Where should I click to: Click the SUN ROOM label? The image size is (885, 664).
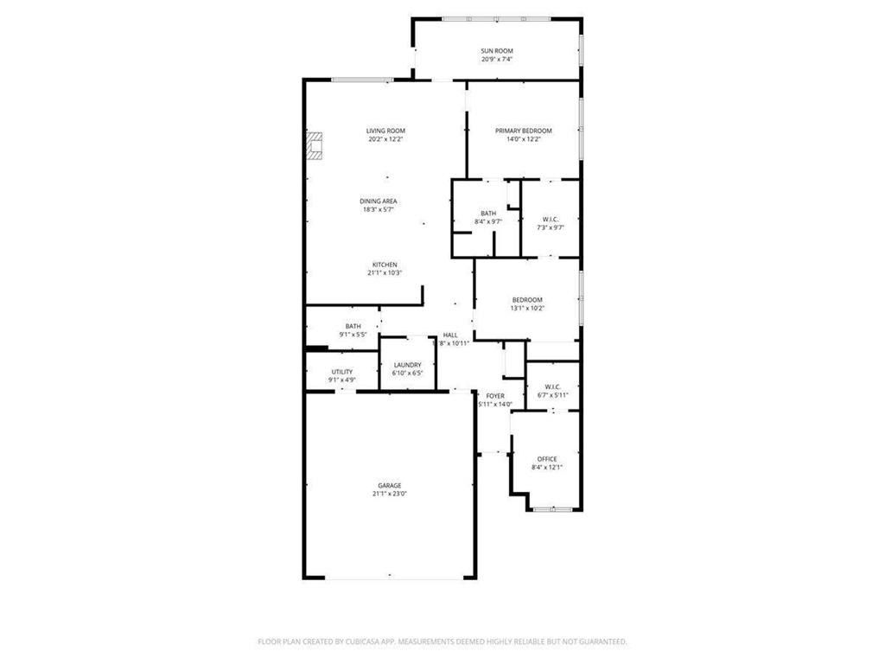497,52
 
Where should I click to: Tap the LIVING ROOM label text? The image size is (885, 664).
385,131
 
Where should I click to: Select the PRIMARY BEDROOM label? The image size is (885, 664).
523,131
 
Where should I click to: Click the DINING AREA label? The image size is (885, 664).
379,201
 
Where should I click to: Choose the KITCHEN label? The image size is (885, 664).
385,265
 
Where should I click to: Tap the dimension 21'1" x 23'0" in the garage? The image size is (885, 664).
389,494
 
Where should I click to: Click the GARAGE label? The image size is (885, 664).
389,486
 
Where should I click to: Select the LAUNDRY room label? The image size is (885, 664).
407,366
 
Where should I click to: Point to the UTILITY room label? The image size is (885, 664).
341,371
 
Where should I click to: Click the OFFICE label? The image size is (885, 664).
546,459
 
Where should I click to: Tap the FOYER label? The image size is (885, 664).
495,396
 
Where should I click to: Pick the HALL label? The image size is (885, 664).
450,335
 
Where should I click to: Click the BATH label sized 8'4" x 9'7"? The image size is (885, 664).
488,214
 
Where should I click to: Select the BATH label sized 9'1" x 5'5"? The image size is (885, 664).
353,326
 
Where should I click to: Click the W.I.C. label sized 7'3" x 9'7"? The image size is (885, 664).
551,219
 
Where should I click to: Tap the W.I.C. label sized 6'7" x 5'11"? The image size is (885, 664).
553,387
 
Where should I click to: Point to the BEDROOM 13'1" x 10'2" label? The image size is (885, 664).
527,300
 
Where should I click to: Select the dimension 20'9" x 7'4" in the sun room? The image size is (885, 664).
497,61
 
